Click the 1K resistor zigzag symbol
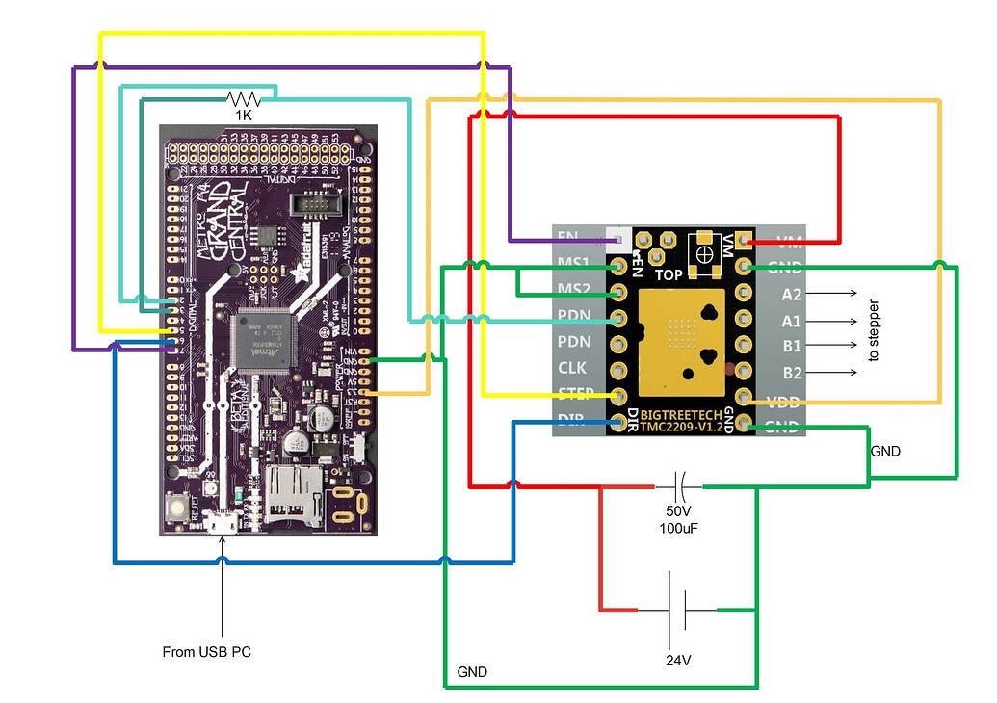pyautogui.click(x=243, y=98)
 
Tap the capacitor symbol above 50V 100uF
pyautogui.click(x=680, y=484)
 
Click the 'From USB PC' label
pyautogui.click(x=206, y=652)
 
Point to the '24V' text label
pyautogui.click(x=678, y=661)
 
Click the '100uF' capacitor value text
pyautogui.click(x=680, y=529)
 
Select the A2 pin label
pyautogui.click(x=792, y=294)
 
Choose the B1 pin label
pyautogui.click(x=792, y=346)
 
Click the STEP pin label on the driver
pyautogui.click(x=576, y=394)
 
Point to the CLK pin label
pyautogui.click(x=572, y=368)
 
